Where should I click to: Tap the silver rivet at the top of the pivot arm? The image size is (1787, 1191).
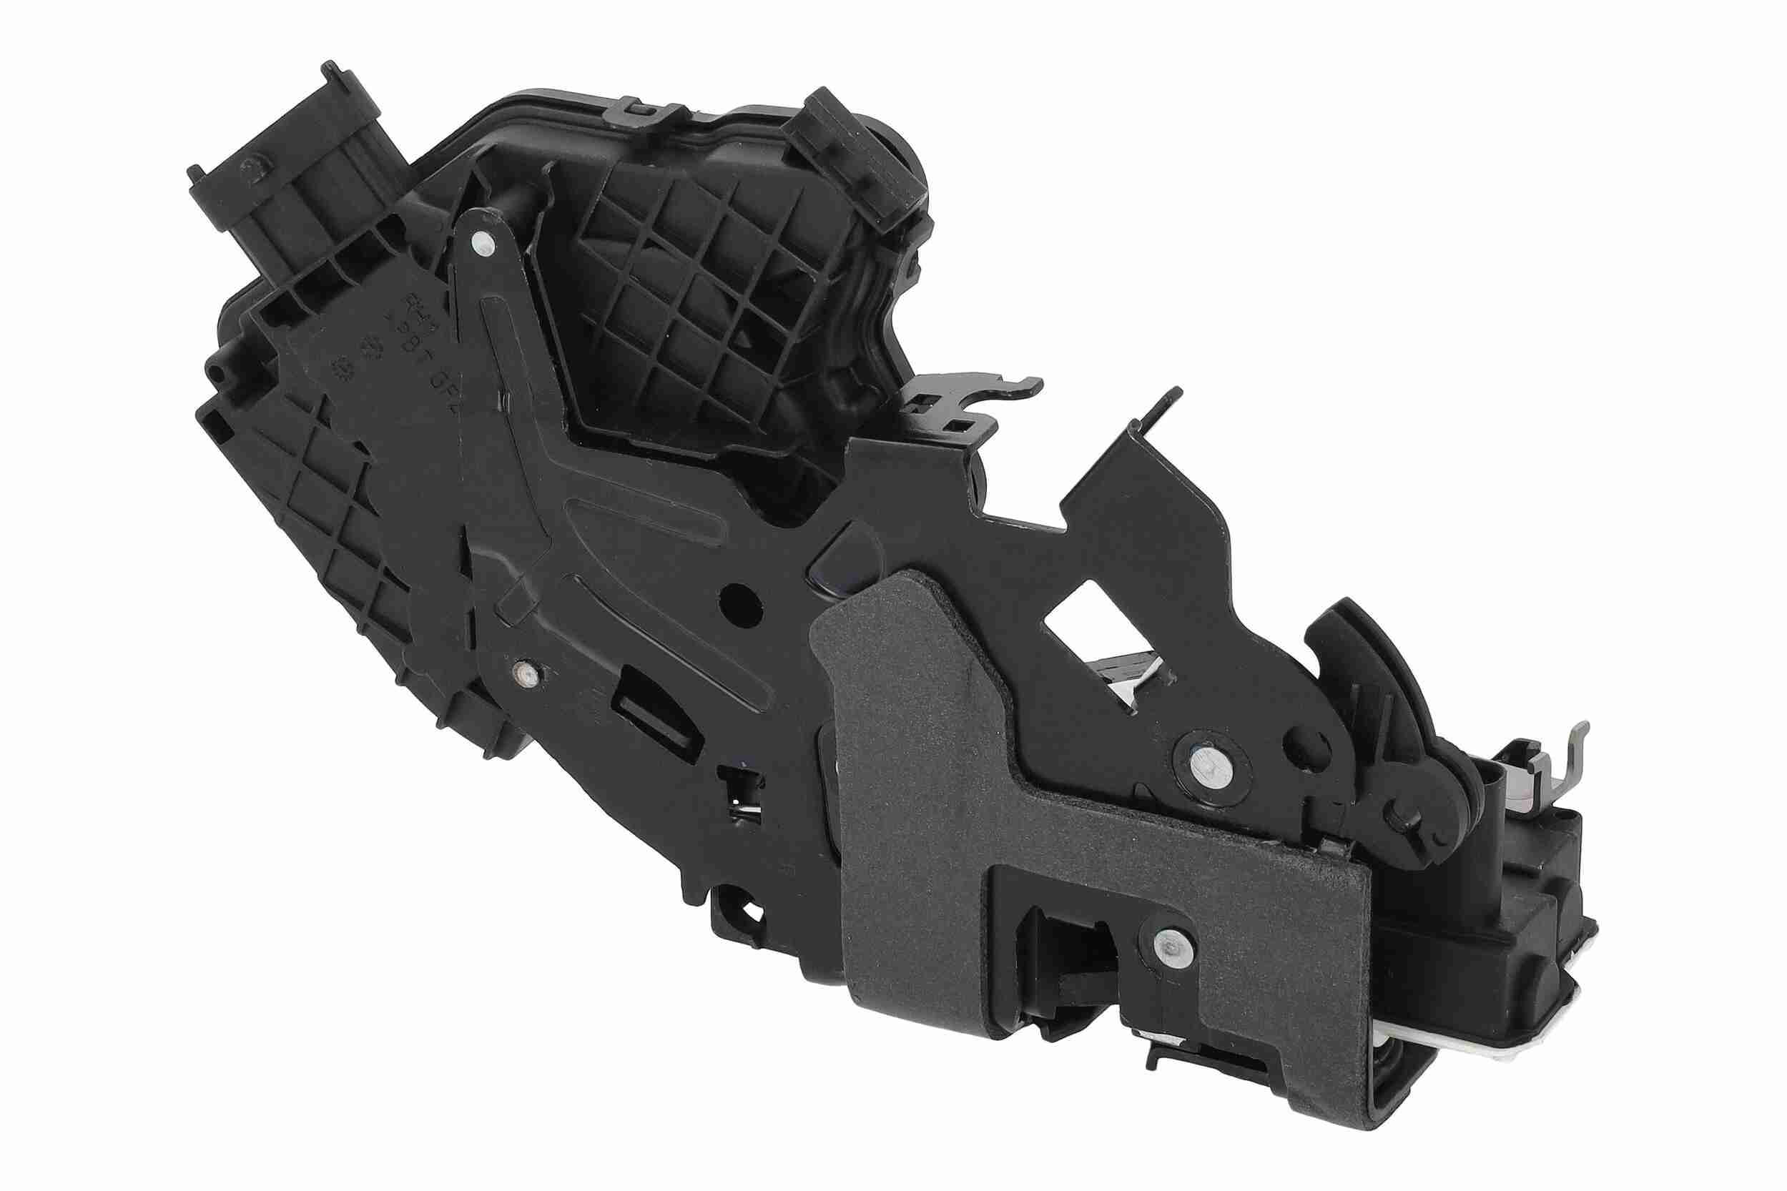[x=481, y=244]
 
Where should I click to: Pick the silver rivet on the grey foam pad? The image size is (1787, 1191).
[x=1170, y=947]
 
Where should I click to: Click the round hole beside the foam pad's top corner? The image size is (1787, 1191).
[x=740, y=606]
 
